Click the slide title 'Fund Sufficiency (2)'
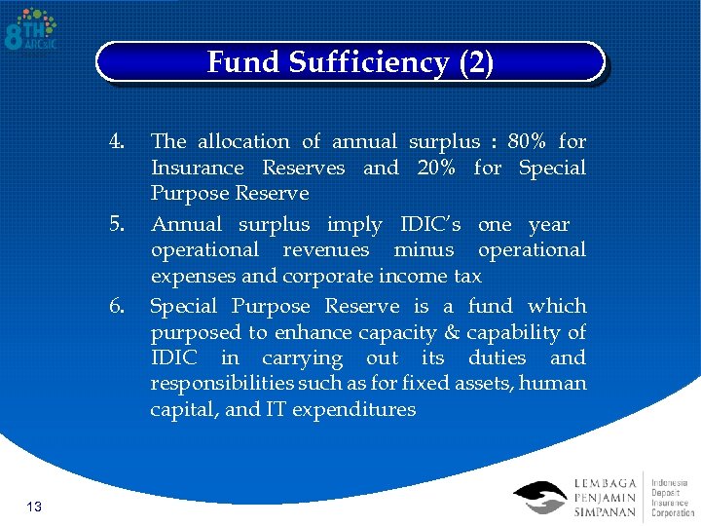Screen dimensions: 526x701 point(350,62)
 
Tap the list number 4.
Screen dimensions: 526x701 point(117,142)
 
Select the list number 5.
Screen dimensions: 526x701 point(117,225)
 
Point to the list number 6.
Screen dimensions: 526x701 point(117,307)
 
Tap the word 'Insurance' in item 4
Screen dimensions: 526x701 point(198,168)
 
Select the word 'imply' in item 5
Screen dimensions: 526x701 point(354,225)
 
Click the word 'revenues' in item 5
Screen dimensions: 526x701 point(326,250)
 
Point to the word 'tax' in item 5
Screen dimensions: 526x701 point(466,276)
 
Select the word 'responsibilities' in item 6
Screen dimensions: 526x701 point(224,383)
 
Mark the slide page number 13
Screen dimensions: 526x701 point(33,507)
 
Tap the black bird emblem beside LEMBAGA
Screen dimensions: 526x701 point(539,497)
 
